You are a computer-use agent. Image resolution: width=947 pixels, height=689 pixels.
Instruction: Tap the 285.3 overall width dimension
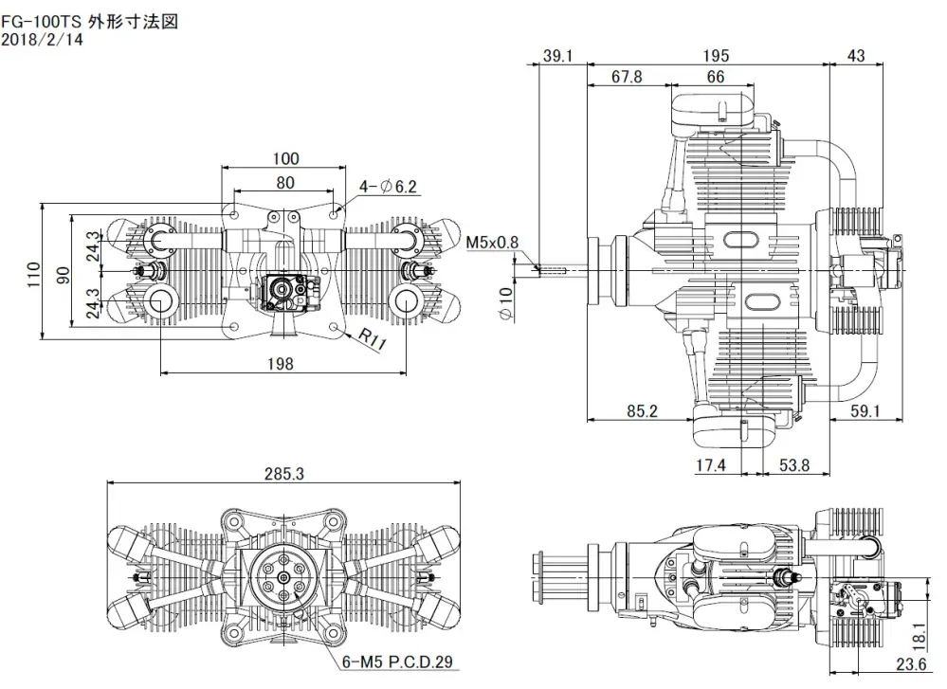tap(284, 474)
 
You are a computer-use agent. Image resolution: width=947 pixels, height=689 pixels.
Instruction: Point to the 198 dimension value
tap(281, 363)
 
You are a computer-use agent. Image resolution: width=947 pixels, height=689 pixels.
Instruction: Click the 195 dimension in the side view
tap(718, 57)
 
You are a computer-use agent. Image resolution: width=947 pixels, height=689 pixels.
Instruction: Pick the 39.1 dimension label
tap(557, 57)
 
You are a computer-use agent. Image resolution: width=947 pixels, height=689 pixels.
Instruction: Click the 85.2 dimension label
tap(642, 411)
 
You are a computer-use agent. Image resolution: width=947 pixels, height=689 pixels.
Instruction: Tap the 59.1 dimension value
tap(865, 411)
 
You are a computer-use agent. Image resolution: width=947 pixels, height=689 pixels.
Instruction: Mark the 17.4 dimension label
tap(710, 464)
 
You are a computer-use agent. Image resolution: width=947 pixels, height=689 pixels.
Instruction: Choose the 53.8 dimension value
tap(793, 464)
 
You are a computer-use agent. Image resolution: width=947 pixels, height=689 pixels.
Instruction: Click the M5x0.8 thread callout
tap(492, 243)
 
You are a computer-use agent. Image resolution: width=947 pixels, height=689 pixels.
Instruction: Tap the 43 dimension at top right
tap(855, 57)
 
